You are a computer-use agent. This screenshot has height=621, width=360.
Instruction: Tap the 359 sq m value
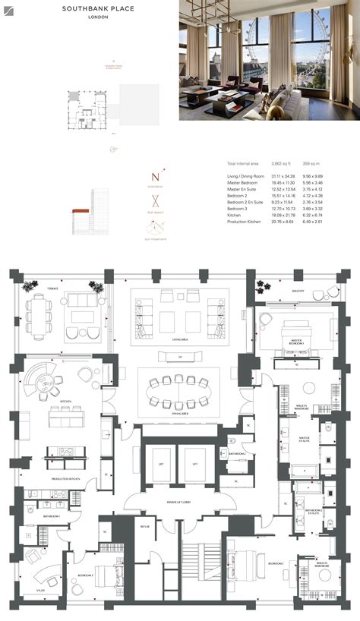tap(311, 164)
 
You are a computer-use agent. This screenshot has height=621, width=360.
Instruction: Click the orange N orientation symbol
tap(154, 178)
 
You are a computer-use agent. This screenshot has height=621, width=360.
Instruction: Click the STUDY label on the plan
tap(40, 590)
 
